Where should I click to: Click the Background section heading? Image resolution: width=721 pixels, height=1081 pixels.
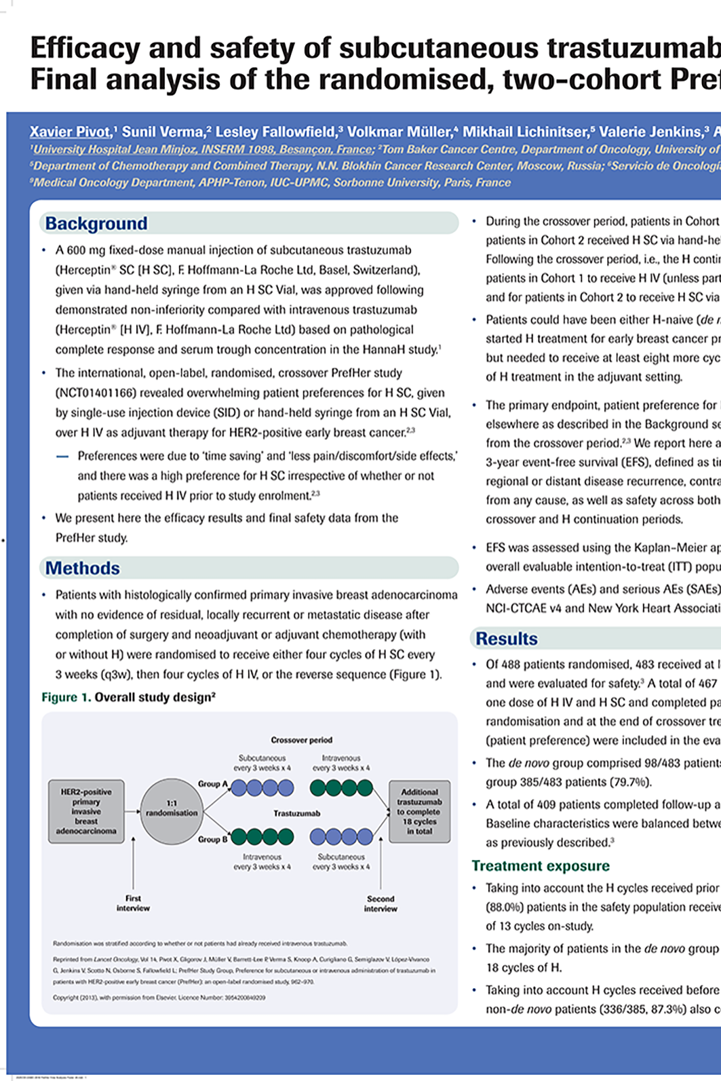tap(96, 224)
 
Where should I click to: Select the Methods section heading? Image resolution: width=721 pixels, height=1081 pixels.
tap(83, 568)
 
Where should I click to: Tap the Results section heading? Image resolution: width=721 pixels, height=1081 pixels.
tap(507, 639)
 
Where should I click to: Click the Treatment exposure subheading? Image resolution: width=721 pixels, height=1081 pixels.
tap(541, 866)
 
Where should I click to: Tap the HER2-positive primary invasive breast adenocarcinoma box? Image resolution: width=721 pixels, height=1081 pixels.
tap(86, 811)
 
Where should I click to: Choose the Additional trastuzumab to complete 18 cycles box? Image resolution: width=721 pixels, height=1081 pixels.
tap(419, 811)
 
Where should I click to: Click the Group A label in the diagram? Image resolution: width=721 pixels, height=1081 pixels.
tap(213, 784)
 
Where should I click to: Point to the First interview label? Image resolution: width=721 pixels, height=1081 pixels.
tap(133, 903)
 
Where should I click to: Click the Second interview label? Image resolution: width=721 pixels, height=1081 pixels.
tap(381, 903)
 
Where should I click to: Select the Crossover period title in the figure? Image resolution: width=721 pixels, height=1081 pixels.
tap(301, 740)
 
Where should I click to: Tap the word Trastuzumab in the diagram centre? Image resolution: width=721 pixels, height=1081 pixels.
tap(297, 813)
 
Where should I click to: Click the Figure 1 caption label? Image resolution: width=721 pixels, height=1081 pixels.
tap(66, 697)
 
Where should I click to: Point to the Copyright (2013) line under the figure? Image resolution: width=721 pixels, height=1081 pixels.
tap(159, 998)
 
